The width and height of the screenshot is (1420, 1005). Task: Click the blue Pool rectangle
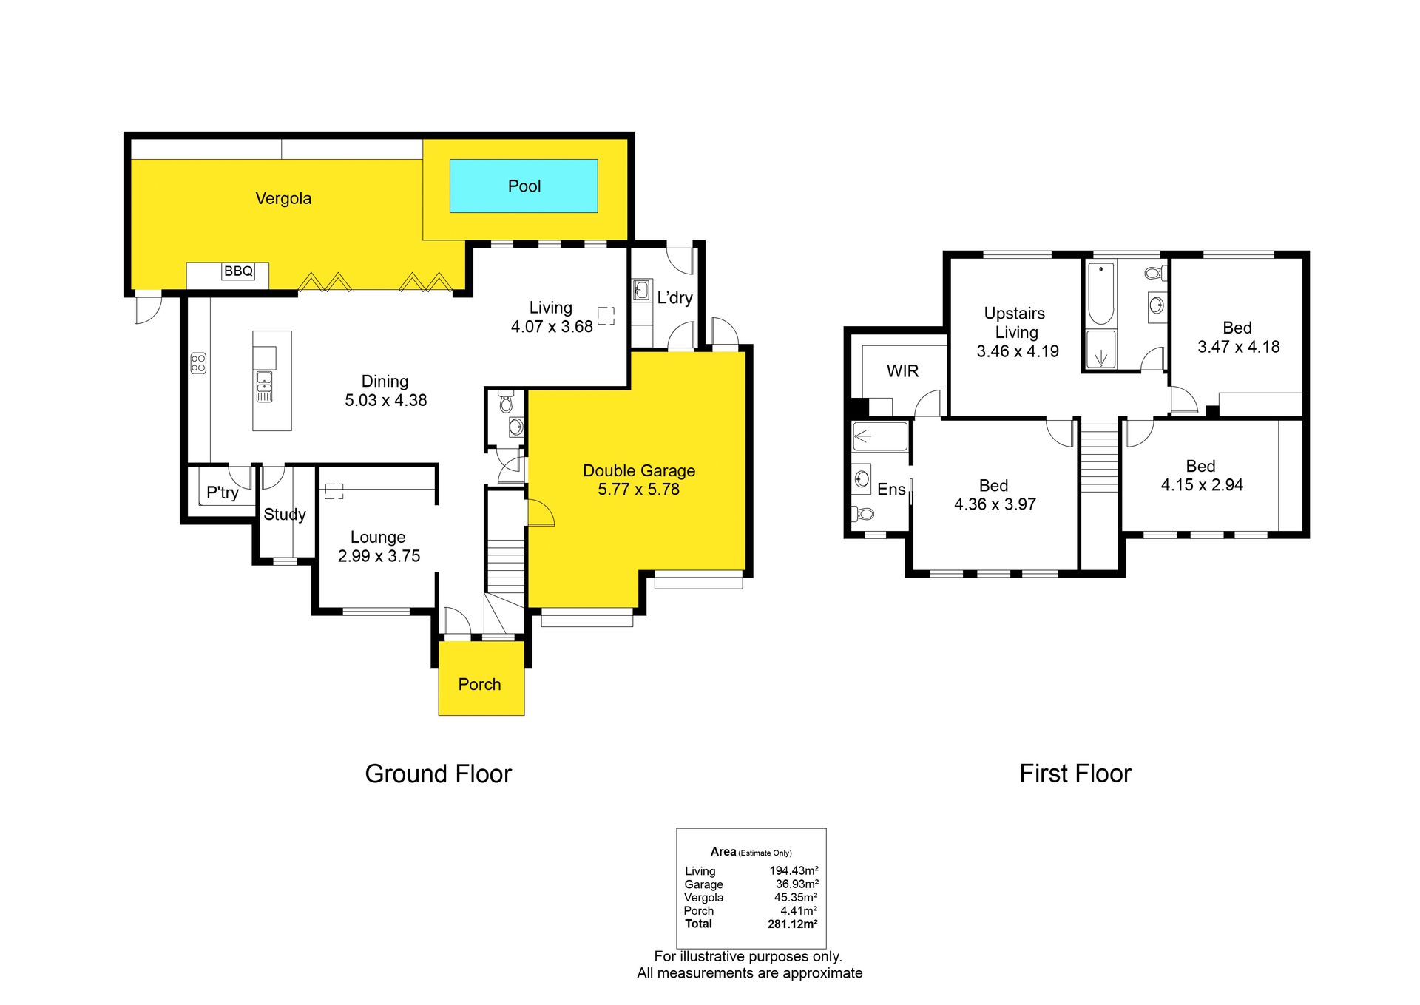[x=524, y=186]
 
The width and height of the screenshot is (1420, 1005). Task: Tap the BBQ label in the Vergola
[x=238, y=271]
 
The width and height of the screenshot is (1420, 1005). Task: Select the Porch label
[x=479, y=684]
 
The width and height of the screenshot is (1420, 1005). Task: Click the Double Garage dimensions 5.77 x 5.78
[x=638, y=489]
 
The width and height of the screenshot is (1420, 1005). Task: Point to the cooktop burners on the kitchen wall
[x=198, y=362]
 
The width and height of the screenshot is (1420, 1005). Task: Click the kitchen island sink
[x=264, y=387]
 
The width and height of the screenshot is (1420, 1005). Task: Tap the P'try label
[x=223, y=493]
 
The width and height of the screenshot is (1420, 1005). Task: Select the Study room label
[x=285, y=515]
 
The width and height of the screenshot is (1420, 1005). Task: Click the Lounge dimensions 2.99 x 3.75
[x=379, y=556]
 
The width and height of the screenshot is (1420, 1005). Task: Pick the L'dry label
[x=674, y=297]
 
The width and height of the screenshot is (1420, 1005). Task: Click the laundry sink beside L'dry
[x=641, y=289]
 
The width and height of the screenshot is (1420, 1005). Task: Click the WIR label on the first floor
[x=902, y=371]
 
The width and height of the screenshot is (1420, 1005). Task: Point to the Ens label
[x=891, y=490]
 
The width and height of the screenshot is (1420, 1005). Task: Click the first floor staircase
[x=1100, y=458]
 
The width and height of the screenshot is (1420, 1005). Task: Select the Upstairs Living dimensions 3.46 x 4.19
[x=1018, y=351]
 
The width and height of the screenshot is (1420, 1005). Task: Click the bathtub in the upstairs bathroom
[x=1101, y=294]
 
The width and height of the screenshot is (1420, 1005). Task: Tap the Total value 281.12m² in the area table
[x=793, y=924]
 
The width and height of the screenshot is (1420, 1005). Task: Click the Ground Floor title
[x=438, y=774]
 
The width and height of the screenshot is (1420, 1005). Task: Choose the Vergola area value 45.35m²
[x=796, y=897]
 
